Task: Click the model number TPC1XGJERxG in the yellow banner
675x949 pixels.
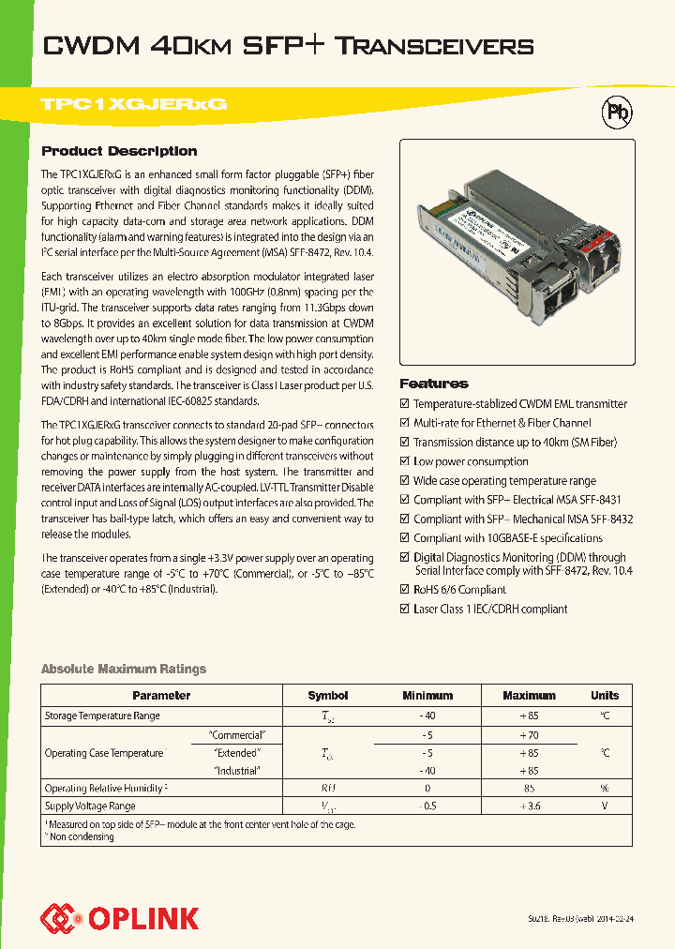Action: pos(134,105)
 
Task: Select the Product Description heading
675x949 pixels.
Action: pos(119,151)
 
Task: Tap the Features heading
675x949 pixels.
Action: pos(434,384)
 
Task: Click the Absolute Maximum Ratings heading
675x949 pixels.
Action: pos(124,669)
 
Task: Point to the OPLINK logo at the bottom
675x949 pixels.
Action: pos(119,917)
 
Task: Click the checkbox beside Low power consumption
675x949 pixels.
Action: pos(405,461)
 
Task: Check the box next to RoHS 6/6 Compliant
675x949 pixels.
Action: pos(405,590)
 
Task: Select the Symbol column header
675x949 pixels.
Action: pos(328,696)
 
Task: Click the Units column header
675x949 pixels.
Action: pos(605,696)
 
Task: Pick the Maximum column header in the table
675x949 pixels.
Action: pos(529,696)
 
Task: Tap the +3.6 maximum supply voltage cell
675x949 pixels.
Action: pos(529,806)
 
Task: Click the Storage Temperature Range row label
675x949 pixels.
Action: pos(102,716)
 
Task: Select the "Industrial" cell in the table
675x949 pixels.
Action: pos(236,770)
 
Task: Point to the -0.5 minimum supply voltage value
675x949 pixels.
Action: pos(427,806)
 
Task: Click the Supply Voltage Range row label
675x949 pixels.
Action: pos(90,806)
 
